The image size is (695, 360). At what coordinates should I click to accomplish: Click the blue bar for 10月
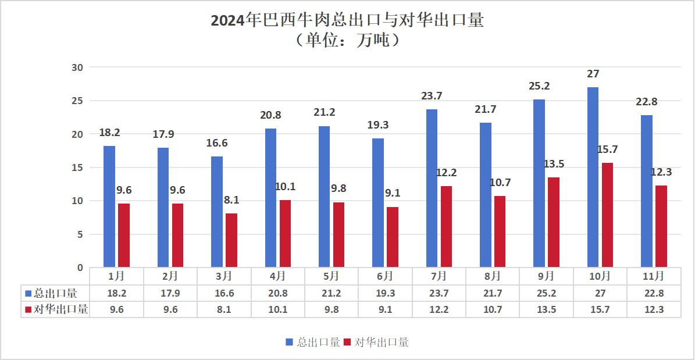[593, 177]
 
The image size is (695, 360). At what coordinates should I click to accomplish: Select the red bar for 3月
[231, 240]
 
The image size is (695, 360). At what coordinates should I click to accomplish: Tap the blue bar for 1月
[109, 206]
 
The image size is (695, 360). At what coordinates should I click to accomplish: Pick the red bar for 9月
[554, 222]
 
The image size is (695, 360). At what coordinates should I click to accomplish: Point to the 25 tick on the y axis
[77, 101]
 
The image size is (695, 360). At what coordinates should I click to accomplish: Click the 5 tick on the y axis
[80, 234]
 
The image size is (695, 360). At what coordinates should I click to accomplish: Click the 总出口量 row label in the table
[56, 293]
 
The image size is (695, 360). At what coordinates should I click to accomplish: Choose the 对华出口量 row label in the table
[56, 309]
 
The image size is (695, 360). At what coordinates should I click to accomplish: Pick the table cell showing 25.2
[546, 293]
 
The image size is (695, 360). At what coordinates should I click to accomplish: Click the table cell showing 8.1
[224, 309]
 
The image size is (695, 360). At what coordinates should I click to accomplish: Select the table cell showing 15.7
[600, 309]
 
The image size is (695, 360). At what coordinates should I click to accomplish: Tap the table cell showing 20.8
[277, 293]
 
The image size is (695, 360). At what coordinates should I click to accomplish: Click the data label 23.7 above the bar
[432, 96]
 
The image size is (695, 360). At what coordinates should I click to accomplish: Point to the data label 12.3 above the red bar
[661, 172]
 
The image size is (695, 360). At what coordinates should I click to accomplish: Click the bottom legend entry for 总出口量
[313, 343]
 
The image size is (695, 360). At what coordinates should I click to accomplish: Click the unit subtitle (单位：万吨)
[347, 41]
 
